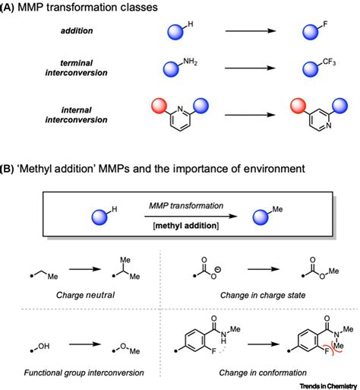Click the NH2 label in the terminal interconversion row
tap(190, 62)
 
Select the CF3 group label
tap(329, 62)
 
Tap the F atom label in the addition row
tap(325, 24)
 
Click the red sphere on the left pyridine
tap(159, 106)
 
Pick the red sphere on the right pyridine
tap(298, 106)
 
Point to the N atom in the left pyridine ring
tap(180, 109)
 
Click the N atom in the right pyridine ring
tap(328, 125)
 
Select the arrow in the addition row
tap(251, 31)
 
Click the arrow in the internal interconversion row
tap(250, 115)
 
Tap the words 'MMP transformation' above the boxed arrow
tap(186, 205)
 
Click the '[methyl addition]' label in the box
tap(186, 225)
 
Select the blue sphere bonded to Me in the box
tap(261, 217)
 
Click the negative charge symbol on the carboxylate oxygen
tap(218, 270)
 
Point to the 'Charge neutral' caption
tap(85, 295)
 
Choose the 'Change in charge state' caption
tap(263, 295)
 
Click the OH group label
tap(44, 346)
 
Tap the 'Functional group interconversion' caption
tap(84, 373)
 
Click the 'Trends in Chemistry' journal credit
tap(328, 386)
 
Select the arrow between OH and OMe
tap(85, 344)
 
